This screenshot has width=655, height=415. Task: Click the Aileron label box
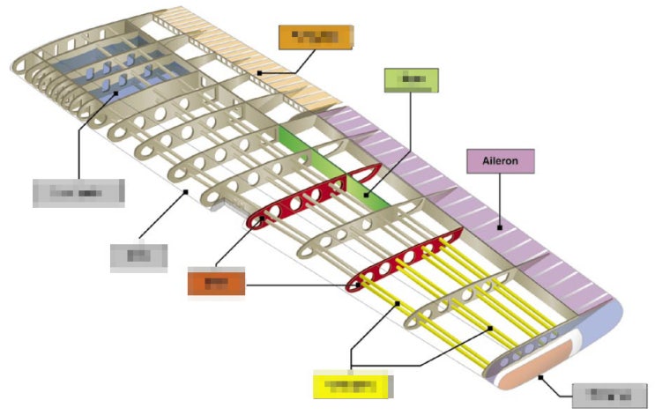point(500,161)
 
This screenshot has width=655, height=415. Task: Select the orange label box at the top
point(316,37)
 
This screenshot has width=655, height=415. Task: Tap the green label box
point(411,79)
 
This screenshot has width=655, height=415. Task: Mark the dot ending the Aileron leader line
point(498,228)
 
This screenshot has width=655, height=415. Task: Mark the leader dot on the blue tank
point(113,93)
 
